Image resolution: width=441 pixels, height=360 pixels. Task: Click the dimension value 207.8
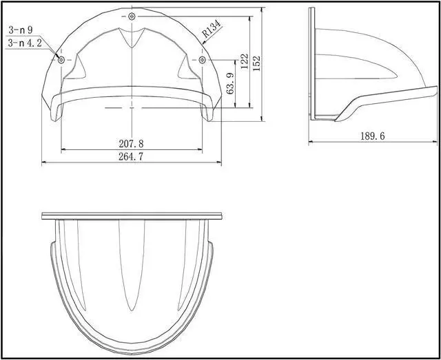coord(131,144)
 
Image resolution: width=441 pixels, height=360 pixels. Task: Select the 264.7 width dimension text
coord(131,156)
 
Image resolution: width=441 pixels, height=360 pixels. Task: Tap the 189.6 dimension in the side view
coord(373,136)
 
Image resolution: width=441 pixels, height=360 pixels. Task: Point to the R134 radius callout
coord(212,29)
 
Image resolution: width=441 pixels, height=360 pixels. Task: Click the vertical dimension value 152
coord(256,63)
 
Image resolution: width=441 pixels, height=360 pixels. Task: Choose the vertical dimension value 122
coord(245,61)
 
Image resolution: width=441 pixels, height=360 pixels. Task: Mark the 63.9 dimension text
coord(230,83)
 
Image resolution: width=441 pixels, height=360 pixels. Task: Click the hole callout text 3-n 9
coord(21,30)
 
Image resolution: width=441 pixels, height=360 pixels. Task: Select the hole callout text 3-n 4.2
coord(25,43)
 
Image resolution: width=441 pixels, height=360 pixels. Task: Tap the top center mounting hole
coord(132,17)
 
